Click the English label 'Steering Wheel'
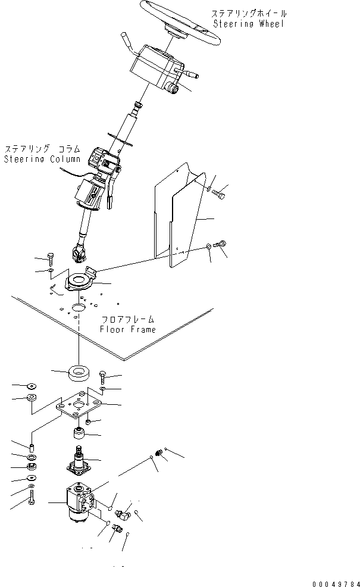(249, 24)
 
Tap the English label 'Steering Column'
(42, 159)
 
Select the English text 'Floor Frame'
(127, 329)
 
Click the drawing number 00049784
(336, 583)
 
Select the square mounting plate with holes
(79, 406)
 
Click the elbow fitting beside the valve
(120, 513)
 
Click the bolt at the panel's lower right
(220, 244)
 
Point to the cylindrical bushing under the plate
(78, 434)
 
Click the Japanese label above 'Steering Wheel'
(249, 14)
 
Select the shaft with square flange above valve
(79, 460)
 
